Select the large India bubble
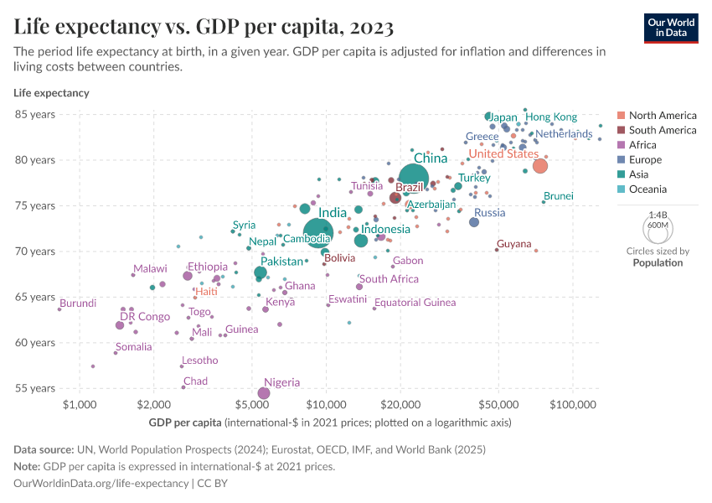pyautogui.click(x=318, y=232)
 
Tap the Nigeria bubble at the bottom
pyautogui.click(x=264, y=392)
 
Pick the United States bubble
pyautogui.click(x=540, y=166)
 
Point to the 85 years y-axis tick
pyautogui.click(x=35, y=114)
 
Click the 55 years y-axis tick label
pyautogui.click(x=35, y=388)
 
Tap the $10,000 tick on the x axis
pyautogui.click(x=327, y=405)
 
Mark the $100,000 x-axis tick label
pyautogui.click(x=574, y=405)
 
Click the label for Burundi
pyautogui.click(x=78, y=303)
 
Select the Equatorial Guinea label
pyautogui.click(x=415, y=303)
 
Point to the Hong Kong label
pyautogui.click(x=551, y=117)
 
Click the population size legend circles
pyautogui.click(x=658, y=229)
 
